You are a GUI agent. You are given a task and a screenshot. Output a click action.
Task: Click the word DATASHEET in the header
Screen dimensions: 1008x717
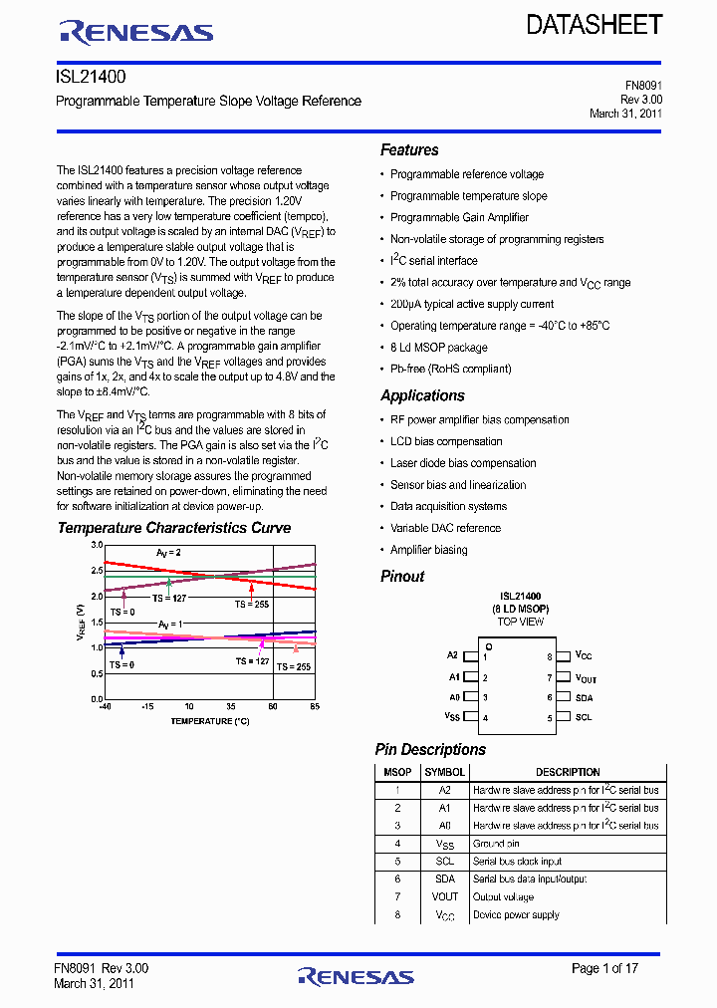[x=595, y=26]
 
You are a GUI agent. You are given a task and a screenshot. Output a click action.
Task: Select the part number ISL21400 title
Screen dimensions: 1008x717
[x=91, y=76]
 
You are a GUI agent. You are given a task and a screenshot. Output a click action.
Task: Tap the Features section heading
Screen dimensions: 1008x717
[x=409, y=150]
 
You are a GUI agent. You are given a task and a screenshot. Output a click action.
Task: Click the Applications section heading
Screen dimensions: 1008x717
[x=422, y=395]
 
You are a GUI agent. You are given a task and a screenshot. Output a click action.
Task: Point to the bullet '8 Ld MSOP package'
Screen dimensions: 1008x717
[x=438, y=348]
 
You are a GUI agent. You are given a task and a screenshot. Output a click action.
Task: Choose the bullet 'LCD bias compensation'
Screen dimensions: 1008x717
[x=446, y=441]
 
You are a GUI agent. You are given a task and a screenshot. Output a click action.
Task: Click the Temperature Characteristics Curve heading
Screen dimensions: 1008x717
[x=174, y=528]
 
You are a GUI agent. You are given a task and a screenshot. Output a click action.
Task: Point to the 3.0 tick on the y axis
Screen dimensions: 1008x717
[x=97, y=546]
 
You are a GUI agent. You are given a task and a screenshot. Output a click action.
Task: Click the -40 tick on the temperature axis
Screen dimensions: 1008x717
[x=105, y=707]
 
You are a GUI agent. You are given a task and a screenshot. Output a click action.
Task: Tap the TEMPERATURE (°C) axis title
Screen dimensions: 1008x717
[x=209, y=720]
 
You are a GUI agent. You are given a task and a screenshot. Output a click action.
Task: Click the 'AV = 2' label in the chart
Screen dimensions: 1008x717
[x=168, y=552]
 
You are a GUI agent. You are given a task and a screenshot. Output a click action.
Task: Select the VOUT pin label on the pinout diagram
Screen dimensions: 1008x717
[x=586, y=678]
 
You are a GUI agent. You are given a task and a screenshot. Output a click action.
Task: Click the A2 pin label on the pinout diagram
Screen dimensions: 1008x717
[x=453, y=655]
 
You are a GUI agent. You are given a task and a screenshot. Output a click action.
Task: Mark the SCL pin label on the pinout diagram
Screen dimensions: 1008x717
[x=584, y=717]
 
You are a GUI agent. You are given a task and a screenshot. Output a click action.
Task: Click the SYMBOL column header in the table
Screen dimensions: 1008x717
[x=444, y=772]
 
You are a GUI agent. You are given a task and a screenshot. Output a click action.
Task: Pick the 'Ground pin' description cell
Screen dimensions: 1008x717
[x=497, y=844]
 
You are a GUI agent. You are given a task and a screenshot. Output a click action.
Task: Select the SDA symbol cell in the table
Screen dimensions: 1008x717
[x=444, y=880]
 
